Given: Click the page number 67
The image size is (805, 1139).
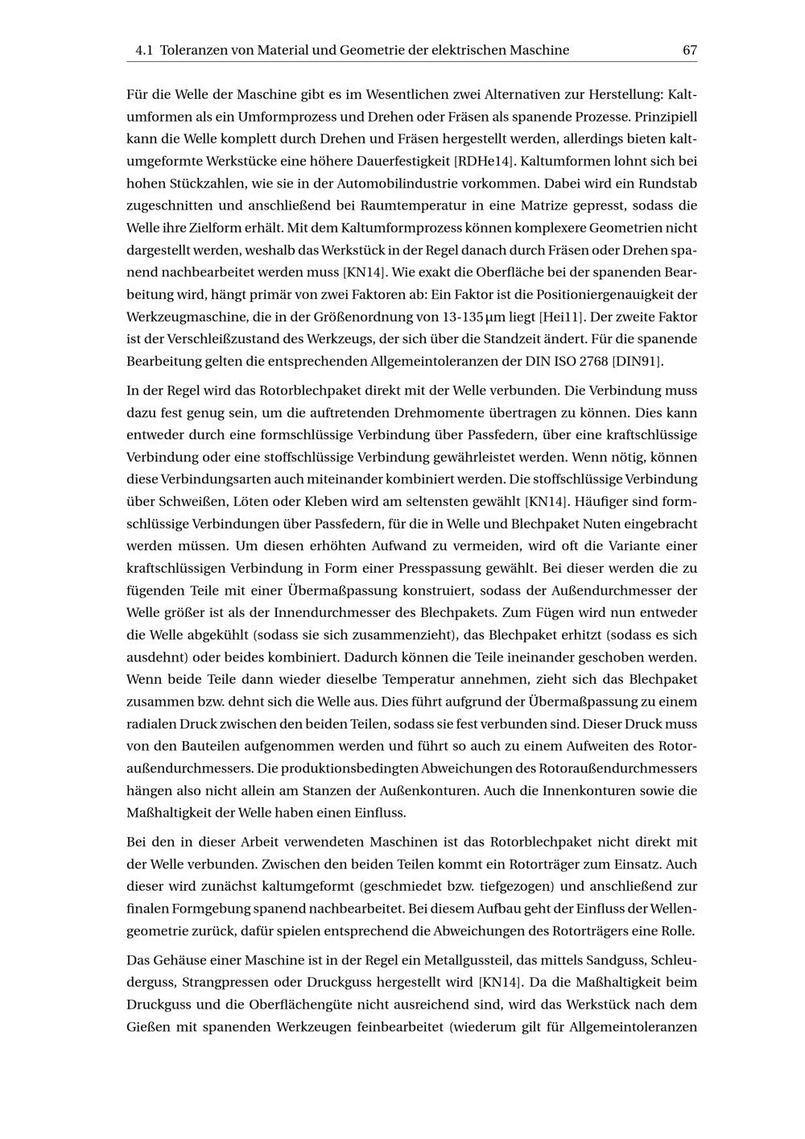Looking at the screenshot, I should tap(689, 50).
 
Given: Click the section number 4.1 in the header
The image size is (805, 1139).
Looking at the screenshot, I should tap(144, 50).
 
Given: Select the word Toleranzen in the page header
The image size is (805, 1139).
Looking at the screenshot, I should tap(194, 50).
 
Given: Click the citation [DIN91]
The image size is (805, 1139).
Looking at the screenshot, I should tap(638, 361).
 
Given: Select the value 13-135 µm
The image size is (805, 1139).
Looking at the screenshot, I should tap(476, 317).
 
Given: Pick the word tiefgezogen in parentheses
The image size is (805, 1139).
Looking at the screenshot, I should tap(514, 887).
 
